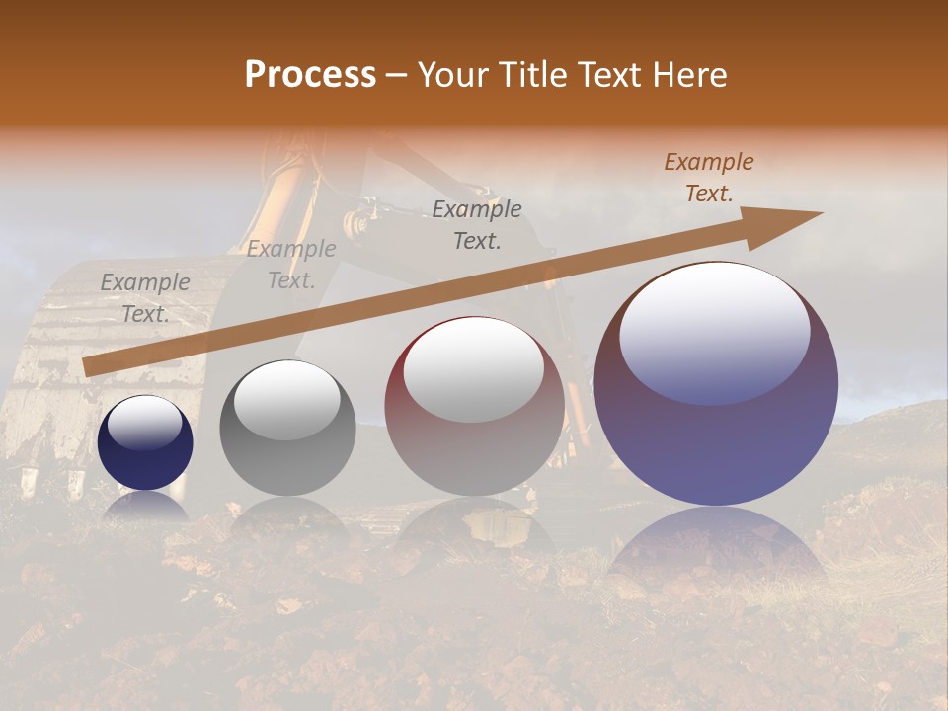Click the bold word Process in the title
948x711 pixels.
point(310,74)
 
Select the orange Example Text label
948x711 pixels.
point(708,178)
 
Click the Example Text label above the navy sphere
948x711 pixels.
point(145,298)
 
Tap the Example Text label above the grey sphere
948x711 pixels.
point(291,265)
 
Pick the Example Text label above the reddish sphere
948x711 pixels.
point(477,225)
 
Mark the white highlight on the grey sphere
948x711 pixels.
point(286,399)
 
